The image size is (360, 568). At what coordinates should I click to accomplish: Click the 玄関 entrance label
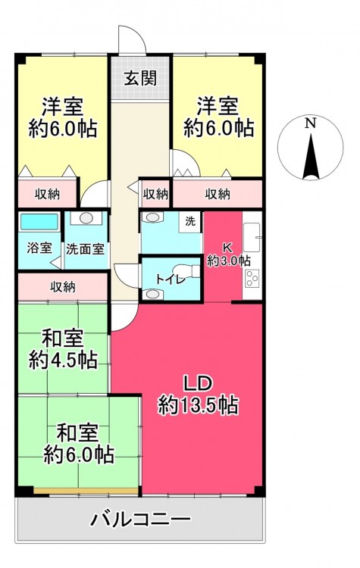click(140, 77)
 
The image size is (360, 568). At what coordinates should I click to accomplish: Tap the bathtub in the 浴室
click(39, 222)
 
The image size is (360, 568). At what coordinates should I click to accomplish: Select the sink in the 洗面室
click(86, 218)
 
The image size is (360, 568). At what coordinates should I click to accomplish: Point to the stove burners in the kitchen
click(252, 278)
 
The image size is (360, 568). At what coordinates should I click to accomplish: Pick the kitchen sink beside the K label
click(252, 237)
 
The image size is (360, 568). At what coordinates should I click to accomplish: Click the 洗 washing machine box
click(190, 222)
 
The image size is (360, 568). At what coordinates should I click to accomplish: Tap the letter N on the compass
click(310, 123)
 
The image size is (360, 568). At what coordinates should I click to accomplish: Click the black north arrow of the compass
click(311, 157)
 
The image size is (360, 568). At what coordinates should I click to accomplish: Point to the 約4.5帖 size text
click(63, 360)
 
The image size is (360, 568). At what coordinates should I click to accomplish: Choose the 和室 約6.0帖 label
click(79, 443)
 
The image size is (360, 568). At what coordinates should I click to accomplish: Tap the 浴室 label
click(39, 248)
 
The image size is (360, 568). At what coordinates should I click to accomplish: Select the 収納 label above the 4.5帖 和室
click(63, 287)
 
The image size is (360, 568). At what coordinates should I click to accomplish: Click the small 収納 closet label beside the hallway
click(155, 195)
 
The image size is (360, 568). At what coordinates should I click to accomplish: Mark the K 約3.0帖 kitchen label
click(228, 254)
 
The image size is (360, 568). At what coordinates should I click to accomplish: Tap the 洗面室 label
click(86, 249)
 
